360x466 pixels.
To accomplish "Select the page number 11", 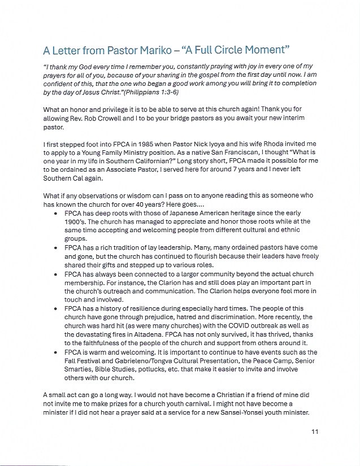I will (x=315, y=432).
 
